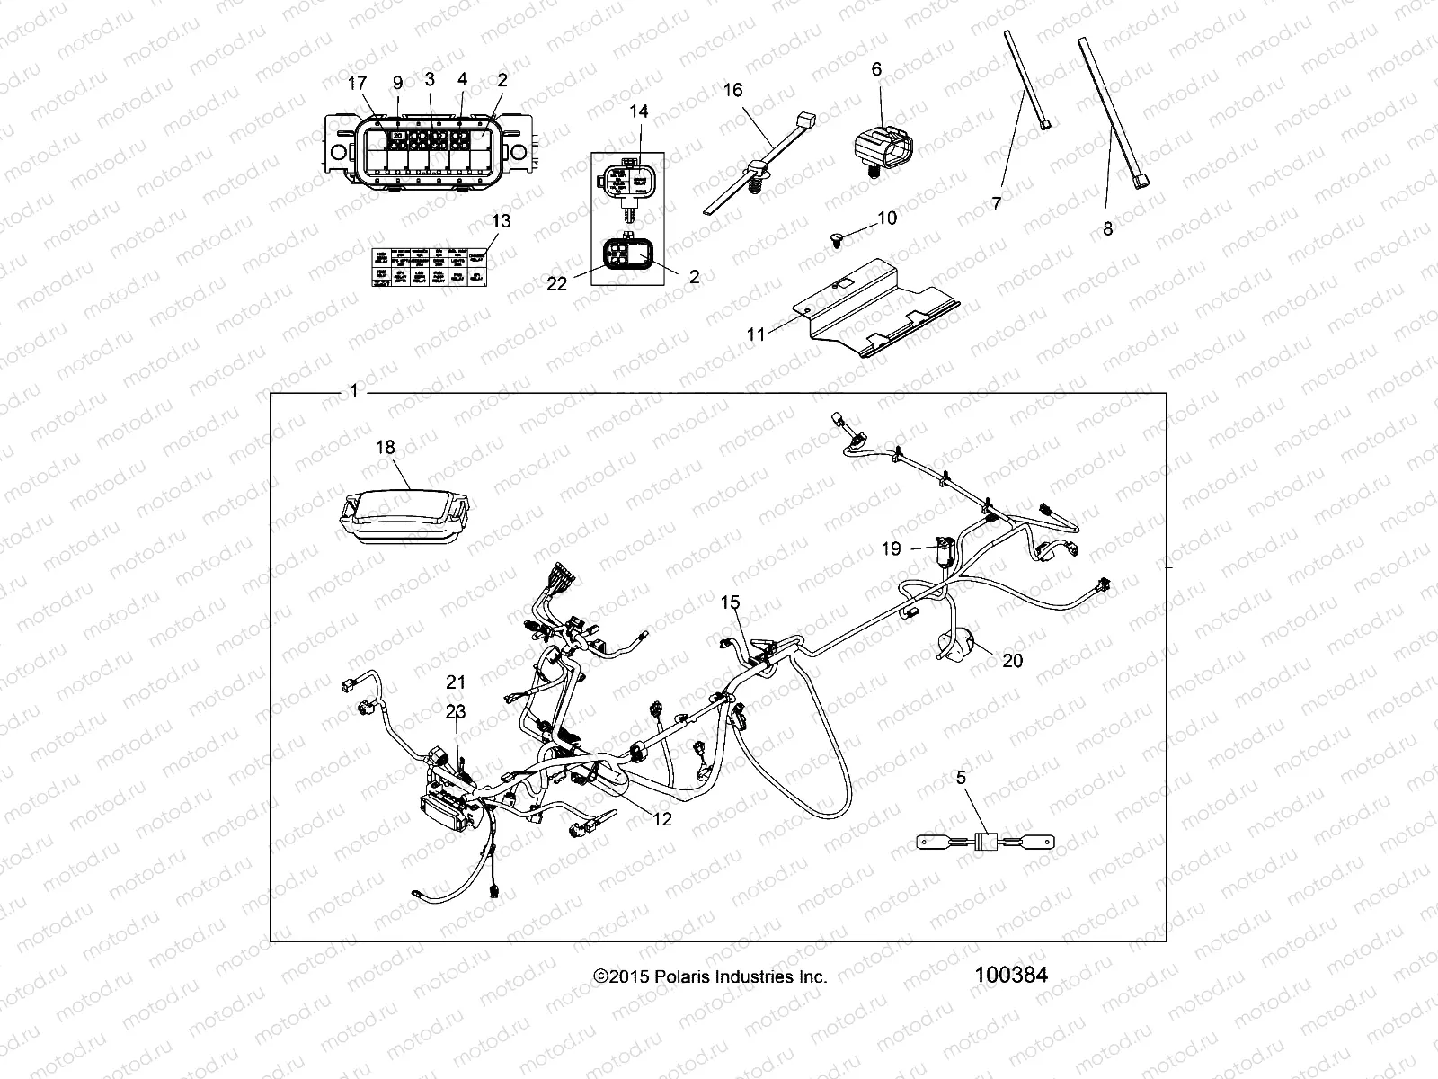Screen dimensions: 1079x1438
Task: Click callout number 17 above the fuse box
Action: [x=358, y=83]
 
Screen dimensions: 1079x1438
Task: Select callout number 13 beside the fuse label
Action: [x=501, y=221]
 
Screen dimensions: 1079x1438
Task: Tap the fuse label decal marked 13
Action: [x=430, y=270]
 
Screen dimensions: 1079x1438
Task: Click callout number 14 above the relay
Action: [x=638, y=111]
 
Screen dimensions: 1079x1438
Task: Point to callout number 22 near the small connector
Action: [x=557, y=283]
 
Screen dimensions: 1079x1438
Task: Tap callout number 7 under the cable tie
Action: [x=996, y=204]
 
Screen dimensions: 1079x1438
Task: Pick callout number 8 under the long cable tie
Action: [x=1107, y=228]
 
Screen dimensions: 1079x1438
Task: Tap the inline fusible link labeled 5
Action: [x=985, y=843]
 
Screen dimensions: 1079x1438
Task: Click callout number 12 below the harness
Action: [x=661, y=819]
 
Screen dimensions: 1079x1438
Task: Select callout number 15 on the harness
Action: [x=731, y=602]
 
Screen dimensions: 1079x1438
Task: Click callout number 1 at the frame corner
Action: [x=354, y=391]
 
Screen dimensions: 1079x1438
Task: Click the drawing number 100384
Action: [x=1009, y=975]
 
